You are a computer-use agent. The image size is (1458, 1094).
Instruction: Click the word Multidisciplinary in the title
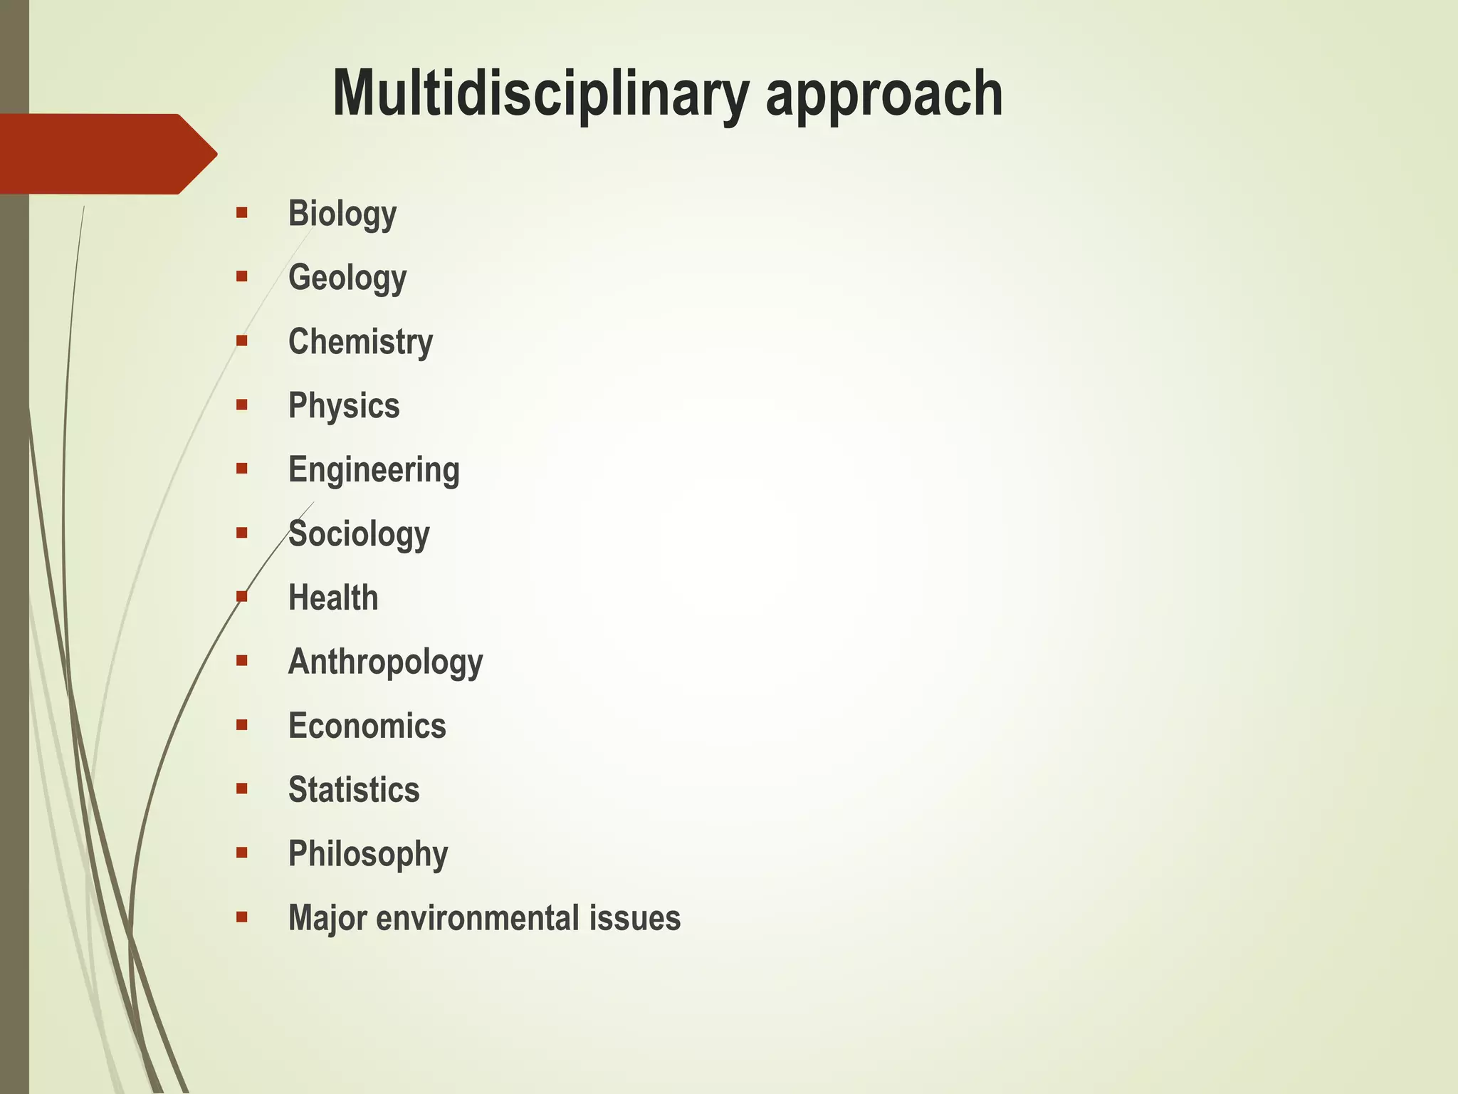point(541,93)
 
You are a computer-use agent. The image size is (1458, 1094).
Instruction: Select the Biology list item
point(342,214)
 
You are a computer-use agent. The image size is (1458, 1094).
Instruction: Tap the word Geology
point(347,278)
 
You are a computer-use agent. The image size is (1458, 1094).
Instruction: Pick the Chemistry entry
point(360,342)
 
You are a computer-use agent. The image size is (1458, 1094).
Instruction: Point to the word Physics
point(344,406)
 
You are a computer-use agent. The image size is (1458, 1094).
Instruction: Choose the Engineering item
point(374,470)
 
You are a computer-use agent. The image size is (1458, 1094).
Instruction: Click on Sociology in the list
point(359,534)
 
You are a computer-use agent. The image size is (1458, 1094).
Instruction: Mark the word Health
point(333,598)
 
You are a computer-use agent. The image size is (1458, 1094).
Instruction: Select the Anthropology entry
point(385,662)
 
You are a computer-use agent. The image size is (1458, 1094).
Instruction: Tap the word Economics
point(367,726)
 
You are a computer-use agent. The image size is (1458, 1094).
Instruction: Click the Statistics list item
point(354,790)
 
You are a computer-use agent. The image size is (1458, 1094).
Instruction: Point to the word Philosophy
point(368,854)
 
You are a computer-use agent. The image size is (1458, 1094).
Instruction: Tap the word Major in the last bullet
point(327,918)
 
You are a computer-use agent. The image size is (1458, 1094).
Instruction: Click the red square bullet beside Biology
point(242,212)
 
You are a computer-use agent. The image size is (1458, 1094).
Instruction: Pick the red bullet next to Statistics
point(242,788)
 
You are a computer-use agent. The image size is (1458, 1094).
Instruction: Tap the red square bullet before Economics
point(242,724)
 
